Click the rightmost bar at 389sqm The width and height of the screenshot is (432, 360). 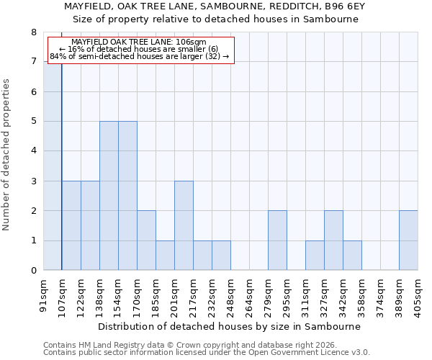[x=408, y=240]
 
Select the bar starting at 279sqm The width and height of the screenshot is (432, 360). [x=277, y=240]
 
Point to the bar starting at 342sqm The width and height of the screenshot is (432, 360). [x=352, y=256]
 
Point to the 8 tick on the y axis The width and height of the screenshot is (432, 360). [x=33, y=32]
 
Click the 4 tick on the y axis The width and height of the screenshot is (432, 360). [x=33, y=151]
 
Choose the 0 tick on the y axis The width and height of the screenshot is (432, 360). [x=33, y=271]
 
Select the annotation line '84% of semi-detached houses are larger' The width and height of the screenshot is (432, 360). [x=139, y=56]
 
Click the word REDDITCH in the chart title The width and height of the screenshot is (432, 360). [x=283, y=6]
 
